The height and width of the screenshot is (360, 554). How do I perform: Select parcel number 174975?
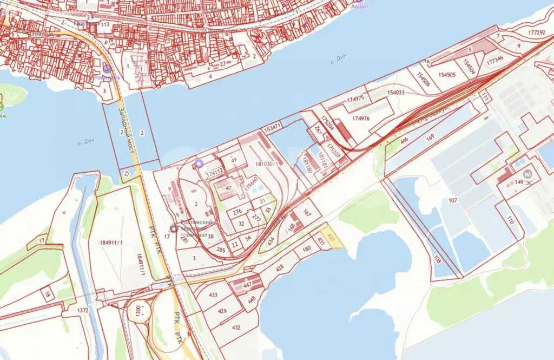coord(355,99)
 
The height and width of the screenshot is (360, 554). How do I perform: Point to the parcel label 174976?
coord(360,118)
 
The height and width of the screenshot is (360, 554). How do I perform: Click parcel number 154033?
coord(396,93)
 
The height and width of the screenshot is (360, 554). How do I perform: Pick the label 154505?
coord(447,75)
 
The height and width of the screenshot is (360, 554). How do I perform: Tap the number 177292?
coord(536,32)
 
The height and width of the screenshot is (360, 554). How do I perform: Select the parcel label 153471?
coord(272,129)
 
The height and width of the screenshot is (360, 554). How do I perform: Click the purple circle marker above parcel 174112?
coord(199,163)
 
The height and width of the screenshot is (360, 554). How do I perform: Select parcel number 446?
coord(404,141)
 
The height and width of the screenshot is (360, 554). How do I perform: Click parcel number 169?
coord(430,138)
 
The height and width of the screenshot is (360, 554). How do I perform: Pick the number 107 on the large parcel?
coord(453,201)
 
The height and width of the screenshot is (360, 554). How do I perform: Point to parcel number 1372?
coord(82,310)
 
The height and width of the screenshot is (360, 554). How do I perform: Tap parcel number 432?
coord(236,328)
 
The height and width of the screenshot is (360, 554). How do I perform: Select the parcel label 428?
coord(280,267)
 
